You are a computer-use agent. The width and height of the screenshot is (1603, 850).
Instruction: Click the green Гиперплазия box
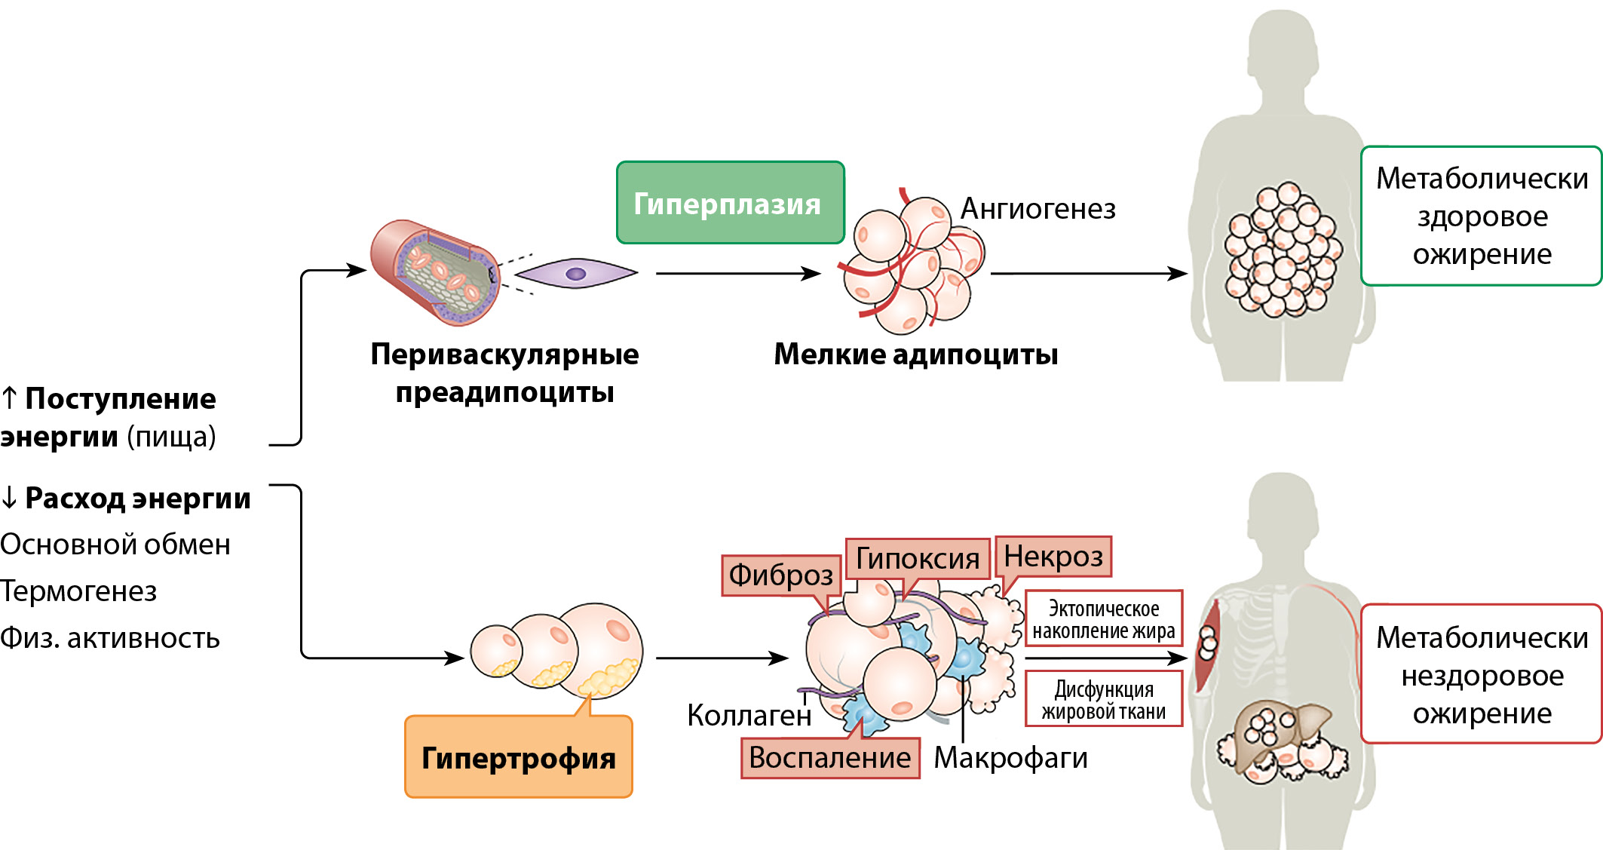730,203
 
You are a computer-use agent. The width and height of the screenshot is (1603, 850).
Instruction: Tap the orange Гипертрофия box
518,757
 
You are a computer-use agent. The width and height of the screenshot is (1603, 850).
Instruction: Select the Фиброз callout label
780,575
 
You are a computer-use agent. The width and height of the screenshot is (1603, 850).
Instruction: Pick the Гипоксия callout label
917,559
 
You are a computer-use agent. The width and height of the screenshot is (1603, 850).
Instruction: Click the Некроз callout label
1053,557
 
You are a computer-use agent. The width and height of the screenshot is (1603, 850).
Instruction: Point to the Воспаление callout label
829,757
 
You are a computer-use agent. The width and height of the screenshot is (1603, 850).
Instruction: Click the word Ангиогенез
1038,209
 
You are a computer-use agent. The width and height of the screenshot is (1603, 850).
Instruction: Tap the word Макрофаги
1010,757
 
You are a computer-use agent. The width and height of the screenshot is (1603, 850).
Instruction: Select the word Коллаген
749,715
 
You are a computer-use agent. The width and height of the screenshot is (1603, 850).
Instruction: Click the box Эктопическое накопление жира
1103,618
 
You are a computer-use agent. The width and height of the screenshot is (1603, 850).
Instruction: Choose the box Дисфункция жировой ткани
1103,699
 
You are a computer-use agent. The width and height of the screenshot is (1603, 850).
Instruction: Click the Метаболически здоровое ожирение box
1481,216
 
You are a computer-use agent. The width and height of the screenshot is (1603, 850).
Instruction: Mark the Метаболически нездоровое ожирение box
1481,674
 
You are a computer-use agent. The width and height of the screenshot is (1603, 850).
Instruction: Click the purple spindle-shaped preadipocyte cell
576,274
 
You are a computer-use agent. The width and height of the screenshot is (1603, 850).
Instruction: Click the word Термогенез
78,591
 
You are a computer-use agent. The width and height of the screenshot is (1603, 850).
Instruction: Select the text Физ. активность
110,638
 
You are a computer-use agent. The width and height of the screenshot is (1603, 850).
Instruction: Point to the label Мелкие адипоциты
915,354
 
